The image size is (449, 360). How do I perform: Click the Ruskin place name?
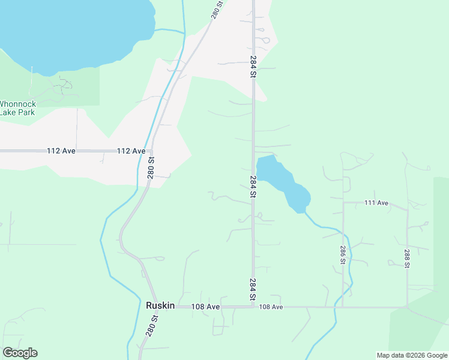tap(160, 305)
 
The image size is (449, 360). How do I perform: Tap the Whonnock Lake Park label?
tap(17, 107)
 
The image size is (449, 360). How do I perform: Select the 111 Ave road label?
tap(376, 203)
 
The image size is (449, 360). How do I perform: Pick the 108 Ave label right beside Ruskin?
tap(206, 307)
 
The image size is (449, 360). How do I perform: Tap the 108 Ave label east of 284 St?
tap(271, 307)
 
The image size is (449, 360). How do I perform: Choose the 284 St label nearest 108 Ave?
tap(253, 289)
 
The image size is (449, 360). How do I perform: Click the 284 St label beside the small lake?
tap(253, 187)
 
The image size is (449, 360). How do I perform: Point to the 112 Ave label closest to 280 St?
tap(131, 151)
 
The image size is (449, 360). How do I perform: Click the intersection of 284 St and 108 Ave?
tap(253, 307)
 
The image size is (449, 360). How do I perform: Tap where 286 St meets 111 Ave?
tap(343, 203)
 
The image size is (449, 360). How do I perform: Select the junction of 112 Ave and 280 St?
tap(152, 151)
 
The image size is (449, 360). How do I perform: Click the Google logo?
tap(20, 353)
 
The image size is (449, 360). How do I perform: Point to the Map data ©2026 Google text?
tap(411, 355)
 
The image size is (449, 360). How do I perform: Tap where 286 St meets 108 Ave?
tap(343, 307)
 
